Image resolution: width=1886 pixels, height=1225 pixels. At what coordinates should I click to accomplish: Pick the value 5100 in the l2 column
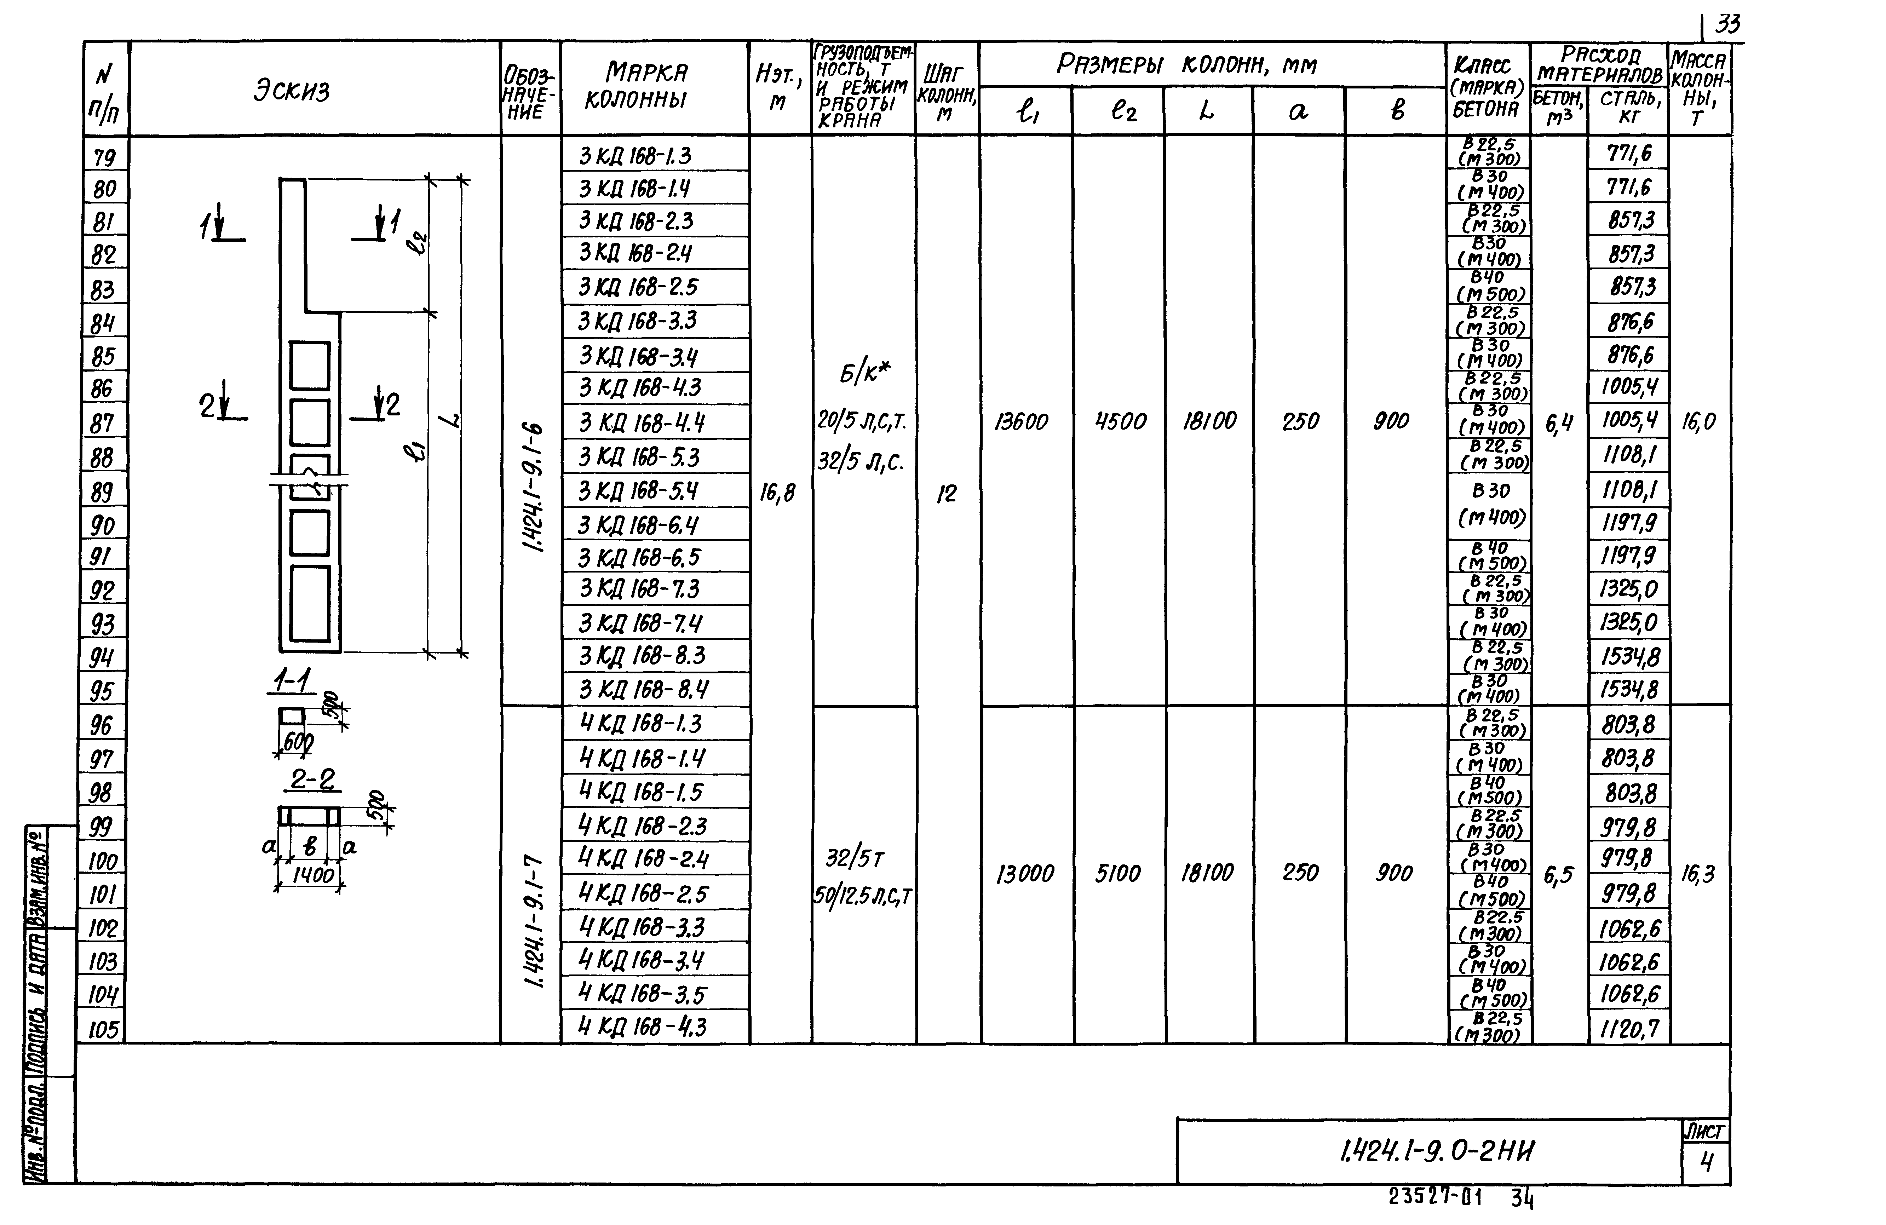pyautogui.click(x=1118, y=873)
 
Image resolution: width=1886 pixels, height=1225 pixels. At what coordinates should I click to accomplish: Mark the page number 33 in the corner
pyautogui.click(x=1727, y=25)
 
